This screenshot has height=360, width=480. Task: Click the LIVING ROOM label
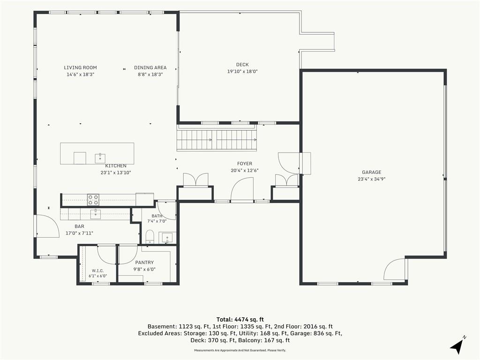tap(80, 67)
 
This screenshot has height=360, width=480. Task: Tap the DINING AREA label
tap(150, 67)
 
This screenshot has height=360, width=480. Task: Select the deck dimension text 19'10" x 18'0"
tap(242, 72)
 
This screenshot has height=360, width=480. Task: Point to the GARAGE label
tap(372, 172)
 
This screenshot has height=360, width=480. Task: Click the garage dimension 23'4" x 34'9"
tap(372, 179)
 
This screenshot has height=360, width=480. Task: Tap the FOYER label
tap(245, 164)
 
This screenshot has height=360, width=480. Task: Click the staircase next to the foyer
tap(217, 140)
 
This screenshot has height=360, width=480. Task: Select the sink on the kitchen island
tap(100, 158)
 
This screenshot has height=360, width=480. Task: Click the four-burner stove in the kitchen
tap(93, 200)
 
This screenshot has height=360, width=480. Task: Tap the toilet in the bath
tap(150, 237)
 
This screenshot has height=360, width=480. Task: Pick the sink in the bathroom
tap(167, 238)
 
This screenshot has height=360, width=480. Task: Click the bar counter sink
tap(96, 214)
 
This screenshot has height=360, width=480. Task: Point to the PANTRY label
tap(144, 262)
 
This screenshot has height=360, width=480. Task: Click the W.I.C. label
tap(97, 270)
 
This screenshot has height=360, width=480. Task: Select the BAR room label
tap(79, 226)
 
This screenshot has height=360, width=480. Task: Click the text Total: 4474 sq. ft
tap(240, 320)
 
